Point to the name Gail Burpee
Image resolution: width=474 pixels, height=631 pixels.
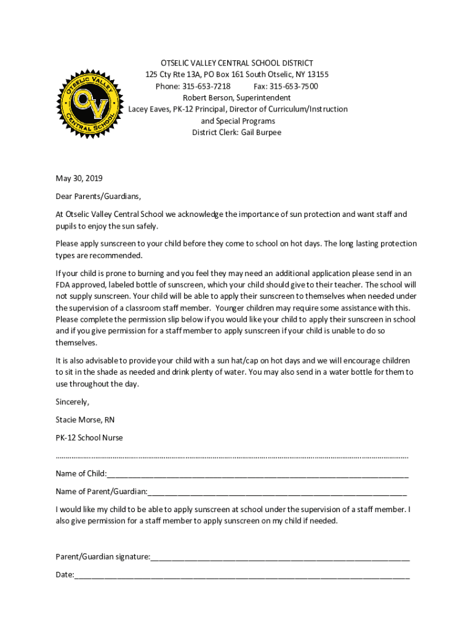coord(259,132)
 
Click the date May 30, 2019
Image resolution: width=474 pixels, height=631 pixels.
coord(79,179)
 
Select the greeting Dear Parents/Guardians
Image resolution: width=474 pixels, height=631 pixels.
coord(98,197)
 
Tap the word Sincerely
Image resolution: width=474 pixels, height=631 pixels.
coord(72,402)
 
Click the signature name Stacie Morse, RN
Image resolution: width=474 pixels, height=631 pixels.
coord(85,420)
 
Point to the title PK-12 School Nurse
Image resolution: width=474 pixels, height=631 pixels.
coord(89,438)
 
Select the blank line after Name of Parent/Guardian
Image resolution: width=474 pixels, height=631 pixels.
coord(277,492)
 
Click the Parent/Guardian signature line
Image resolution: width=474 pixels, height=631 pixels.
coord(280,558)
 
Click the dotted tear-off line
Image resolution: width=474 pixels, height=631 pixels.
coord(232,457)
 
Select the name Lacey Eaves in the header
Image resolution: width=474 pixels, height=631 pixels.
coord(148,109)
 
